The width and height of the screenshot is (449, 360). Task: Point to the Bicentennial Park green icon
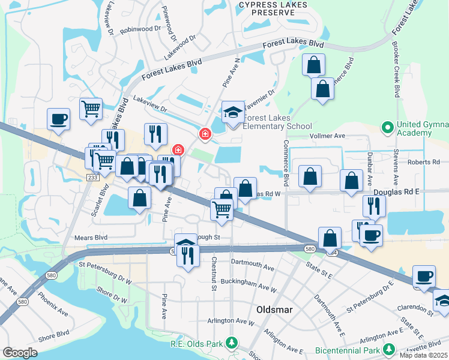[390, 349]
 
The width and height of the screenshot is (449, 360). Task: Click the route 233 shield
[92, 178]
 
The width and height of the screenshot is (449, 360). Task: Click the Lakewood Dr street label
[180, 47]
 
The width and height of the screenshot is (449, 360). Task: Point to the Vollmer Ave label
[327, 136]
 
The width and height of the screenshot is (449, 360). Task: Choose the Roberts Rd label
[423, 162]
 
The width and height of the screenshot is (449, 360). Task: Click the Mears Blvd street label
[90, 238]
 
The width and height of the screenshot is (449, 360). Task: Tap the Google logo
[20, 353]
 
